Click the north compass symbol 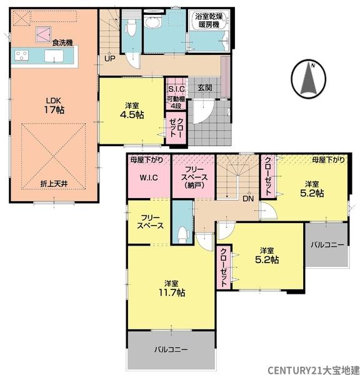309,78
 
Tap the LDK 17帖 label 54,106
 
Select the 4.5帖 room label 132,111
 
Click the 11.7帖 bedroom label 172,288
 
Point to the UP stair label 110,59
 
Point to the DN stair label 248,199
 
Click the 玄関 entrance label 205,87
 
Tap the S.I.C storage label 176,89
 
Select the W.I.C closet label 149,177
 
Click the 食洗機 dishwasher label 62,42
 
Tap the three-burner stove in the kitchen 21,56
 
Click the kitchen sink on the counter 54,56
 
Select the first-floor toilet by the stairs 131,27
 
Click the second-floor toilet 183,234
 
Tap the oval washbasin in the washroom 151,24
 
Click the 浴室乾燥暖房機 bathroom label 209,21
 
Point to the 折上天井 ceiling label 54,184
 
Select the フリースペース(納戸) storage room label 194,177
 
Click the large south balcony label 171,349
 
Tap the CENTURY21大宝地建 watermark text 314,370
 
